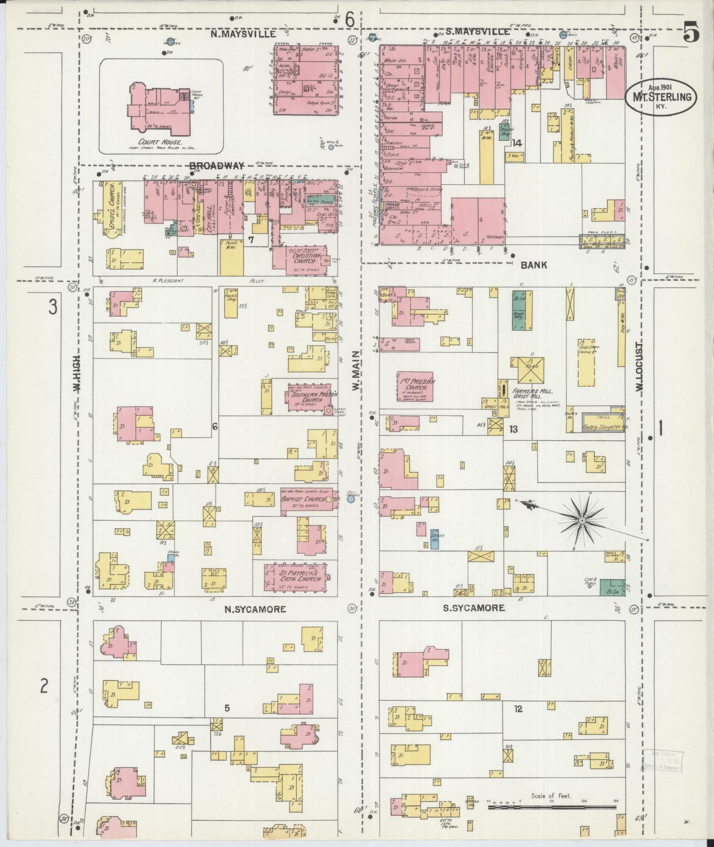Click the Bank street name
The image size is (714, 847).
(x=534, y=265)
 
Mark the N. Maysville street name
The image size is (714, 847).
(x=243, y=34)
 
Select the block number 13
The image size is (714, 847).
(x=514, y=429)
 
